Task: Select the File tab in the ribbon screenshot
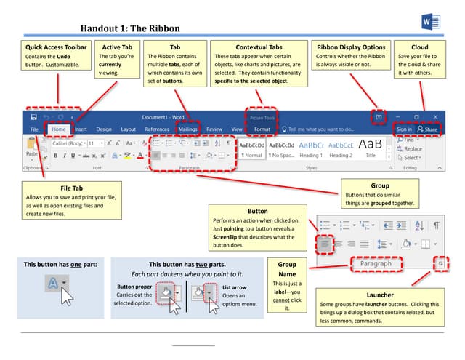click(34, 129)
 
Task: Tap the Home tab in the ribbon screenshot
click(59, 129)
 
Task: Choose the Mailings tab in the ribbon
click(187, 129)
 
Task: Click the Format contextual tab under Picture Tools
click(262, 129)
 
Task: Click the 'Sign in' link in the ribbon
click(404, 129)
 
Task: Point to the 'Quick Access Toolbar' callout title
click(55, 47)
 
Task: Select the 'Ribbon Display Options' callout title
click(352, 47)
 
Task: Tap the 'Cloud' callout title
click(419, 47)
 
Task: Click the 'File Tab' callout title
click(70, 188)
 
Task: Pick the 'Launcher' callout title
click(380, 294)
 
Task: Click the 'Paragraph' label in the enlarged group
click(376, 263)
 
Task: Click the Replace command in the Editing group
click(411, 149)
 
